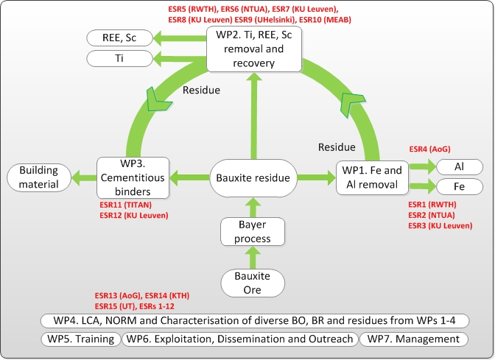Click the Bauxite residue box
coord(253,177)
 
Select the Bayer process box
coord(253,231)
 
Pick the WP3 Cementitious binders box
coord(133,177)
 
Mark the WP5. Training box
coord(79,339)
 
